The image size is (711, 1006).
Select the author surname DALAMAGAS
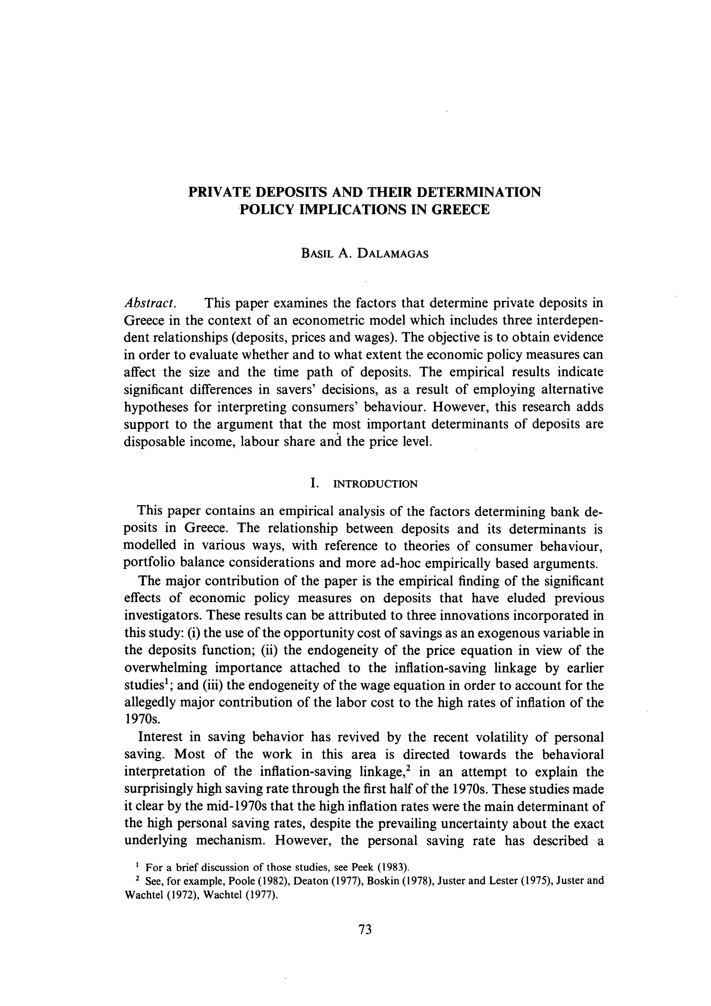coord(393,254)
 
